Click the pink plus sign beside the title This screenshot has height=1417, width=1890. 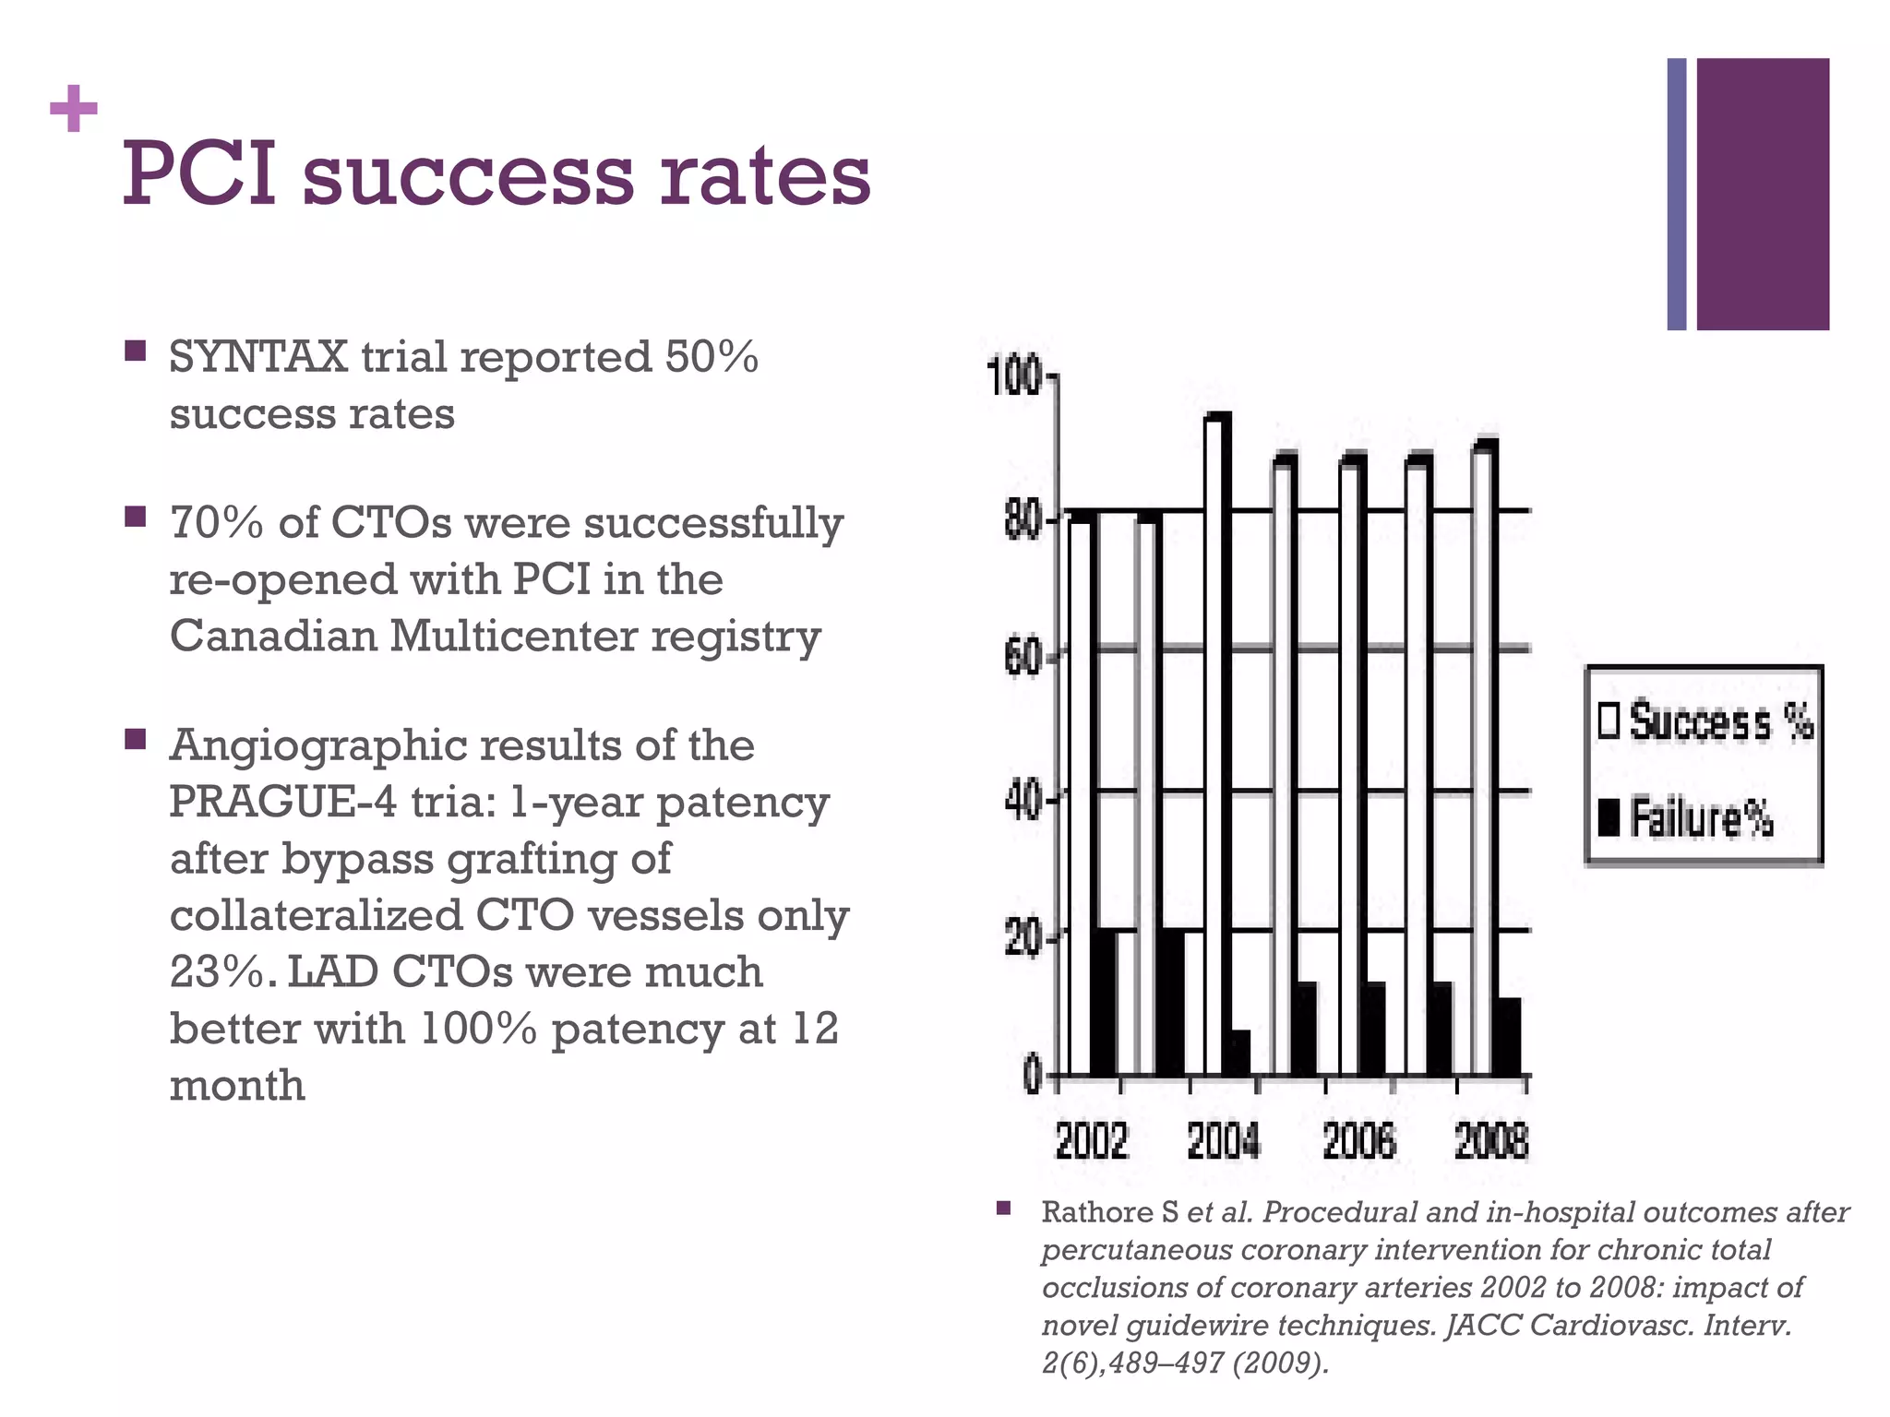[x=73, y=111]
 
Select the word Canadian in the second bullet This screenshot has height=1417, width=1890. [x=271, y=636]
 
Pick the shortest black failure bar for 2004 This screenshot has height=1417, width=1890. [x=1239, y=1053]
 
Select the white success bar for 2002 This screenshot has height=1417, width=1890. [x=1079, y=793]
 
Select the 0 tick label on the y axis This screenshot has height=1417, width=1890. [x=1033, y=1077]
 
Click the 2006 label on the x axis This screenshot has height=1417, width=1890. [x=1358, y=1142]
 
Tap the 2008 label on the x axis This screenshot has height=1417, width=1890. [x=1491, y=1142]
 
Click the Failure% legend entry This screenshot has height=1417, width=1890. [x=1687, y=818]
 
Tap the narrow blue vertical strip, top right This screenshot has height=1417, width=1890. [x=1677, y=194]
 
